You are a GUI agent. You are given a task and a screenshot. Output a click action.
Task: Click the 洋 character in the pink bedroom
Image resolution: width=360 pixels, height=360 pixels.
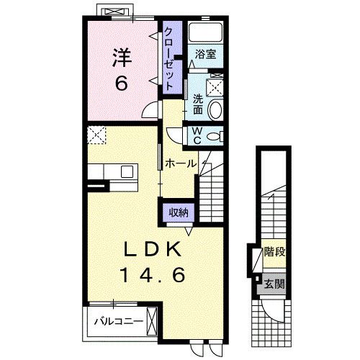tap(122, 58)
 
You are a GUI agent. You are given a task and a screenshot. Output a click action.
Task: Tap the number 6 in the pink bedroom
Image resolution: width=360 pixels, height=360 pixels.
tap(121, 83)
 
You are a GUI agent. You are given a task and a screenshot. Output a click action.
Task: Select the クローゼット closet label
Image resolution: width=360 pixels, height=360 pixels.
tap(169, 58)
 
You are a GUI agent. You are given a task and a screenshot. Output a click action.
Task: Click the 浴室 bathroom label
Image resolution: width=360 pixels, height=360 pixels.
tap(205, 54)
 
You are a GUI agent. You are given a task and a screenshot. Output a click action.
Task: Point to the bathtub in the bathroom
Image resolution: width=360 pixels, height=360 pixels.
tap(205, 32)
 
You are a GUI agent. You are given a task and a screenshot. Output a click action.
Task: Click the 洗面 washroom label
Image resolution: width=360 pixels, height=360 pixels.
tap(198, 104)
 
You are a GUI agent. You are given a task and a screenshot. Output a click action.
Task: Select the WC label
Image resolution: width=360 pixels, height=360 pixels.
tap(197, 135)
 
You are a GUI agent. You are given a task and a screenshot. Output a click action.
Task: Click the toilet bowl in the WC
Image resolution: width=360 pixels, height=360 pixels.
tap(214, 136)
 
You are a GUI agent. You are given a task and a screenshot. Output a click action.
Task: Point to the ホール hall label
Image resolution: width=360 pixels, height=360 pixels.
tap(181, 163)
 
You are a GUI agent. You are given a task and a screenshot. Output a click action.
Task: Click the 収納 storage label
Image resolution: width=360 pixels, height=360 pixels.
tap(179, 212)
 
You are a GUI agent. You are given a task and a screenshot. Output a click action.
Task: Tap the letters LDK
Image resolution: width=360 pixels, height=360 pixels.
tap(152, 249)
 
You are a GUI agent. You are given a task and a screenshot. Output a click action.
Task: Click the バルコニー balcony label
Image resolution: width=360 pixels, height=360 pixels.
tap(119, 321)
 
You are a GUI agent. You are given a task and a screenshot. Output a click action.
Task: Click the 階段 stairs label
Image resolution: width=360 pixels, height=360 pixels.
tap(274, 252)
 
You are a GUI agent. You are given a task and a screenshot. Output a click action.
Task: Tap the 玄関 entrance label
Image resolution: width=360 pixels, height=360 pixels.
tap(274, 284)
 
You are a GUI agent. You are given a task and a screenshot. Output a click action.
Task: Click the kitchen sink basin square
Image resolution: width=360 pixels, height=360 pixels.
tap(127, 171)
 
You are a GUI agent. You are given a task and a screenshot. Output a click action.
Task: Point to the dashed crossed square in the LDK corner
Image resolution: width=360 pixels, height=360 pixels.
tap(96, 135)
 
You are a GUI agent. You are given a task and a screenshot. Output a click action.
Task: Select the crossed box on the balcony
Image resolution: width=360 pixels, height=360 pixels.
tap(152, 322)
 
